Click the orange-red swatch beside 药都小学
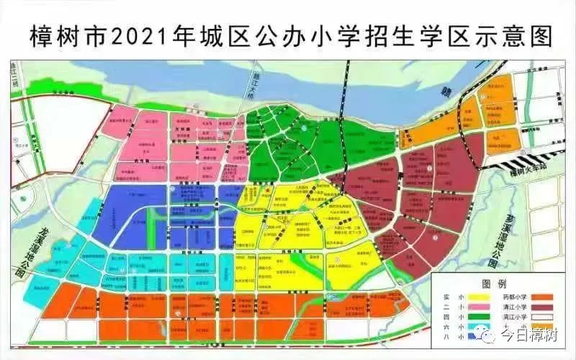point(552,295)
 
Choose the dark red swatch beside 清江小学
point(552,306)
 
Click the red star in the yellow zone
point(268,190)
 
